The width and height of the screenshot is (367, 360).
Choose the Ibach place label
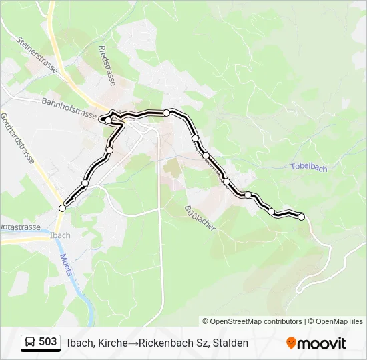(59, 235)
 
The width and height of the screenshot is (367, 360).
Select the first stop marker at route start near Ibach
(63, 208)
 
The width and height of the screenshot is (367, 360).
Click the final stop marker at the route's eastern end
(301, 217)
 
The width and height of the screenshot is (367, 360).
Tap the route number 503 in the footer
(47, 342)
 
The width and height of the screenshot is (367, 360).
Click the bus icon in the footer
(30, 343)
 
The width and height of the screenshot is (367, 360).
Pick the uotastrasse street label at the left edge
(20, 227)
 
